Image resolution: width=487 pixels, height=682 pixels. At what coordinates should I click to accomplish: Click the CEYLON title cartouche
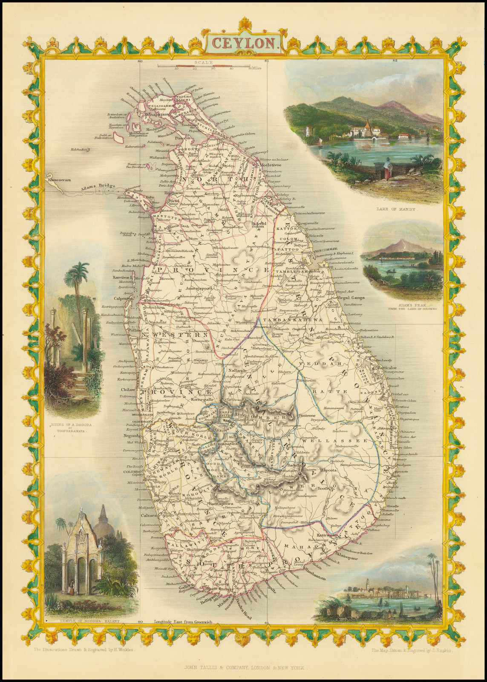(244, 43)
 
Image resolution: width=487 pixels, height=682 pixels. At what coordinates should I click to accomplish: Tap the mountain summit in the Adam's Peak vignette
(401, 241)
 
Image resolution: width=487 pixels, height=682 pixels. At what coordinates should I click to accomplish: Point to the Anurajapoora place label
(188, 288)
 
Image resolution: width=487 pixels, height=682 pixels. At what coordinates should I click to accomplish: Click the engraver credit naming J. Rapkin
(414, 650)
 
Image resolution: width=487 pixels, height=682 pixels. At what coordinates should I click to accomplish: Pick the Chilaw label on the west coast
(129, 390)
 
